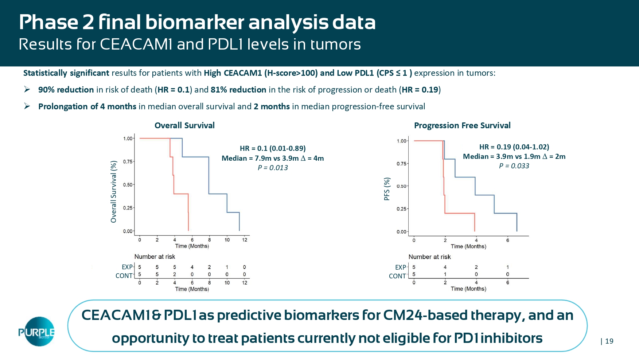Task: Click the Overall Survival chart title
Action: click(x=184, y=126)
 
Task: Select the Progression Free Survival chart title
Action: click(x=462, y=126)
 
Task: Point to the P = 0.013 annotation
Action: click(x=273, y=168)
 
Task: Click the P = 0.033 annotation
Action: click(x=514, y=166)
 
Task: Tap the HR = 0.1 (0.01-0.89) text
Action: click(x=273, y=148)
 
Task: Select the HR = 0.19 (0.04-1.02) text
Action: click(x=514, y=147)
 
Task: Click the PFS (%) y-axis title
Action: click(x=387, y=189)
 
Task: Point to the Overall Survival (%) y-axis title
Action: click(x=114, y=192)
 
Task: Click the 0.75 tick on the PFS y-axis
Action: click(x=401, y=164)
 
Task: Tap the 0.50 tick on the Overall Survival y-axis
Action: click(x=128, y=185)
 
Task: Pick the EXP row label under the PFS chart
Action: click(x=400, y=267)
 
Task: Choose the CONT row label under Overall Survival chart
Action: click(x=124, y=276)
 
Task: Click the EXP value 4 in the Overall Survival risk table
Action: click(x=192, y=267)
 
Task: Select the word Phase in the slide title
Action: click(x=48, y=22)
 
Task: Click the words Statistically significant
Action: click(x=66, y=73)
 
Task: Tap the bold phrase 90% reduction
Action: click(x=66, y=90)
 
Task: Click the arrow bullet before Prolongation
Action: click(x=27, y=106)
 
